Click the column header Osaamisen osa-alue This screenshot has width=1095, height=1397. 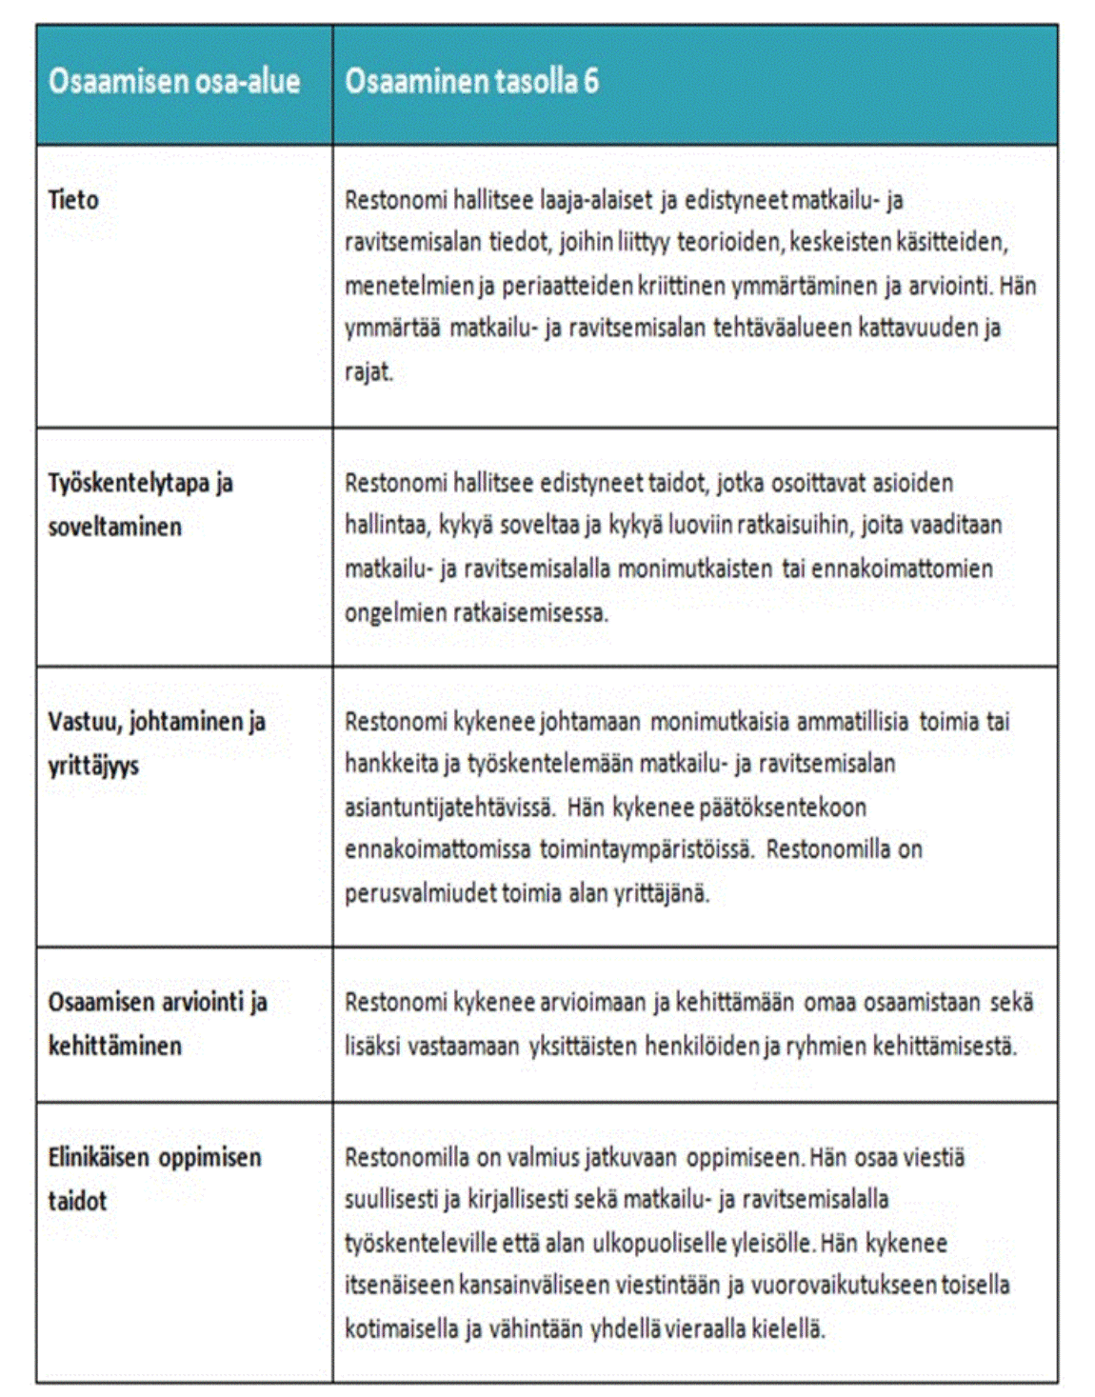click(x=174, y=82)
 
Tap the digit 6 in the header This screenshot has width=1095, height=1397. click(x=591, y=82)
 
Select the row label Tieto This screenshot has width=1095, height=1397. click(x=73, y=200)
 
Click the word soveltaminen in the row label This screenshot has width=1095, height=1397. click(x=114, y=527)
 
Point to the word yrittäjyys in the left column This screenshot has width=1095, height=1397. click(x=93, y=766)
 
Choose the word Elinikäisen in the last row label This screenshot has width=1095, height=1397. click(x=99, y=1158)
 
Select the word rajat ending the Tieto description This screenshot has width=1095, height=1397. click(x=368, y=371)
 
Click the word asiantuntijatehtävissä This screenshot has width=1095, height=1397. click(x=449, y=808)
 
